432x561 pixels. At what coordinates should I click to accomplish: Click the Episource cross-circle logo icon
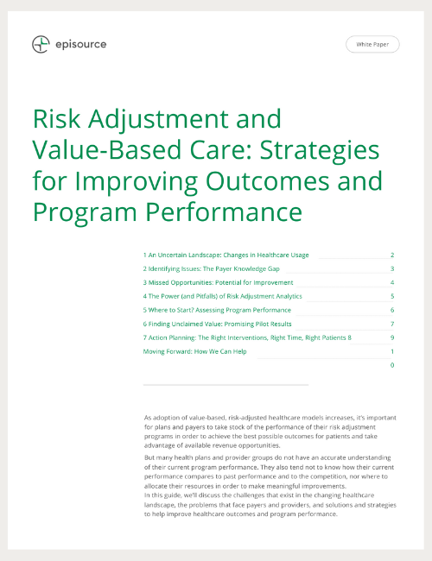coord(40,44)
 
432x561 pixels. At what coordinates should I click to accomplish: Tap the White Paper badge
coord(372,45)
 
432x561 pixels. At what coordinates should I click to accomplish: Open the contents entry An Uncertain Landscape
coord(226,255)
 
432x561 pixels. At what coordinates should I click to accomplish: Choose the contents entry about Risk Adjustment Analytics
coord(222,296)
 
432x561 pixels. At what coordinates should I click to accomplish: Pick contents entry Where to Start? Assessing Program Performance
coord(217,310)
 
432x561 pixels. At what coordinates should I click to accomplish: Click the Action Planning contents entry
coord(246,337)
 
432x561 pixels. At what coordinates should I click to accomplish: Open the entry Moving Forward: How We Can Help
coord(206,351)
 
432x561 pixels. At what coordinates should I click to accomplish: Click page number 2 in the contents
coord(392,255)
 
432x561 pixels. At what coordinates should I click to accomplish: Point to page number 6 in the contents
coord(392,310)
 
